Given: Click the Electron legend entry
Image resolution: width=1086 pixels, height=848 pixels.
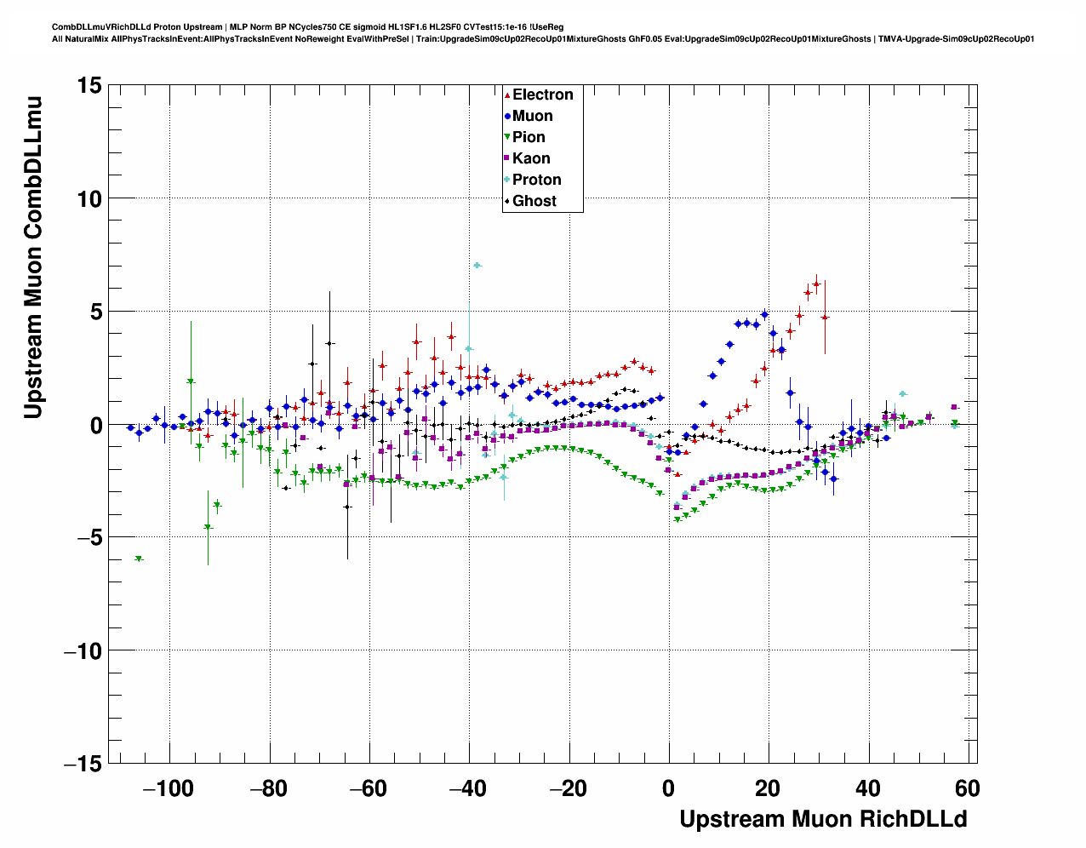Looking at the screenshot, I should pos(542,95).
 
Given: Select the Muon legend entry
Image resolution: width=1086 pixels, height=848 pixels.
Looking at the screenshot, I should pos(532,116).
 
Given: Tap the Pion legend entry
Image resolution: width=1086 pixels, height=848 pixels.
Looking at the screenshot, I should pos(529,137).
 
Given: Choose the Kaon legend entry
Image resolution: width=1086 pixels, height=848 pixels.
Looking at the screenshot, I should pos(531,158).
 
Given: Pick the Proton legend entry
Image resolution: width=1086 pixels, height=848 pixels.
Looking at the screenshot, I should pos(536,180).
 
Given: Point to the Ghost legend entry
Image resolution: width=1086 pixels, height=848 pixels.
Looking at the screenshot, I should pos(534,201).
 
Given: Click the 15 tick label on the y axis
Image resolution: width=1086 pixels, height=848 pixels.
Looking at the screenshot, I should pos(89,85).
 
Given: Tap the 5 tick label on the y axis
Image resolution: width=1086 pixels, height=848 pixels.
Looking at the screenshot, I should pos(95,312).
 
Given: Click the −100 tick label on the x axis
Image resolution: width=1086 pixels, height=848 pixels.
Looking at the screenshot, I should pos(169,788).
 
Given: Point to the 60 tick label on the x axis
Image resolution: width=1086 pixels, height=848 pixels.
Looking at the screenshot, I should pos(968,788).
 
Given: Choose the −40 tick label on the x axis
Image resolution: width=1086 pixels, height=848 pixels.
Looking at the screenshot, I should pos(468,788).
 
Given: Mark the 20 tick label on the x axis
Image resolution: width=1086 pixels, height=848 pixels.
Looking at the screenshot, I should pos(768,788).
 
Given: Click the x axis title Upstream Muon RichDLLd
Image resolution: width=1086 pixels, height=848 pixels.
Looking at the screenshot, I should pos(823,819).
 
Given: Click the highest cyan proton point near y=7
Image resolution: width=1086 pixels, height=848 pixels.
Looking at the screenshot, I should pos(477,266).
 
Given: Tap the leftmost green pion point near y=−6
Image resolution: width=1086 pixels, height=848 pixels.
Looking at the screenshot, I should pos(139,559).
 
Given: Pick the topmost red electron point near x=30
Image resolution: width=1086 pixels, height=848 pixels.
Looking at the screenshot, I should pos(816,284).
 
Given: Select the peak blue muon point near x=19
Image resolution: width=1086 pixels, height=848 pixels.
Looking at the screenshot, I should pos(764,314).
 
